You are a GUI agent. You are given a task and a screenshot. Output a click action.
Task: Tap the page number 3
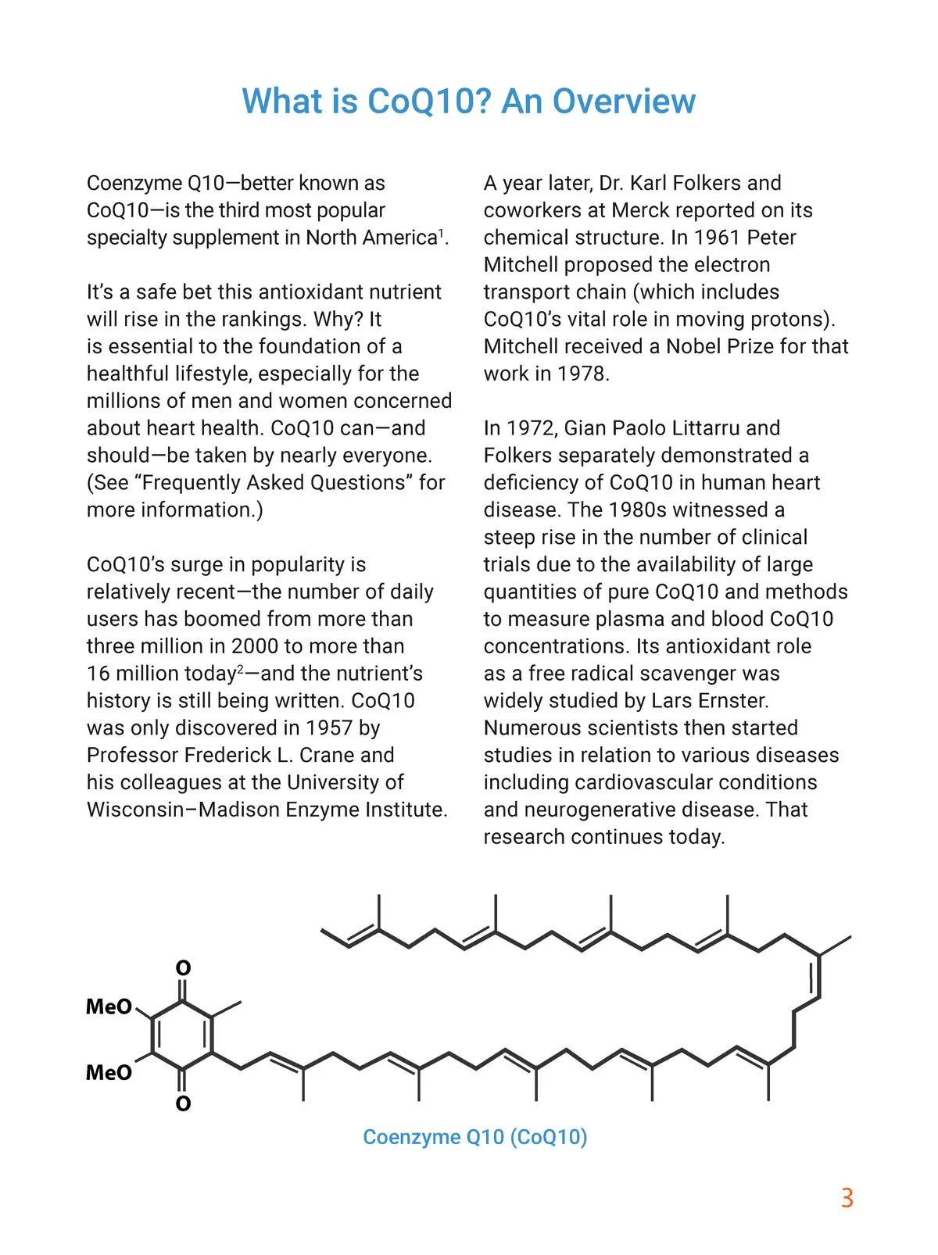847,1198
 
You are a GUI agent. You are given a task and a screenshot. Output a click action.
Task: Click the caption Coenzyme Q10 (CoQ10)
474,1136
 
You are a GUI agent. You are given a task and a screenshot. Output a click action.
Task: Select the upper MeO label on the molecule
109,1007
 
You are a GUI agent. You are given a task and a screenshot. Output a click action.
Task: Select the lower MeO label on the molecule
109,1072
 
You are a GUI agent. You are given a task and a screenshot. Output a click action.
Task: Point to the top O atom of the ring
183,968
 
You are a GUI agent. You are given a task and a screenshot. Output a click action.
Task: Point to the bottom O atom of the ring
183,1103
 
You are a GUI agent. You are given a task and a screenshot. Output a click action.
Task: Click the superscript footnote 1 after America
441,232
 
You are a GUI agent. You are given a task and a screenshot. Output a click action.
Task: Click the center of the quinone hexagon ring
182,1035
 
